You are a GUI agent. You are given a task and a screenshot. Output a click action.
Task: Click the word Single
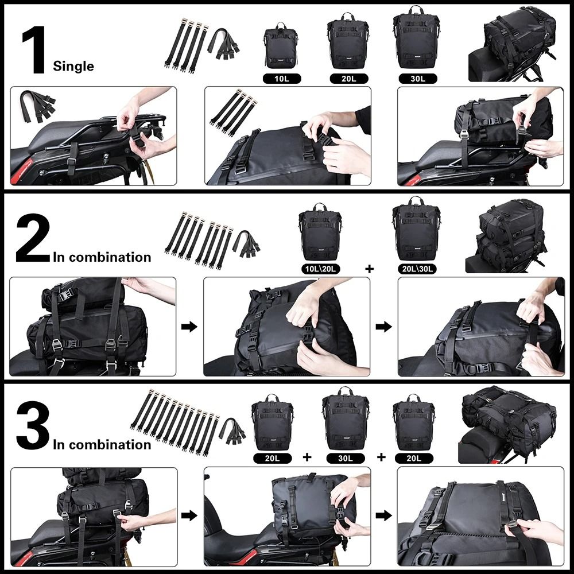pyautogui.click(x=73, y=66)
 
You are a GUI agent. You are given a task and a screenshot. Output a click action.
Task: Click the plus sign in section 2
pyautogui.click(x=369, y=268)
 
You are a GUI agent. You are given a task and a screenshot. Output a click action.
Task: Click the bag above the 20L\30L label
pyautogui.click(x=415, y=230)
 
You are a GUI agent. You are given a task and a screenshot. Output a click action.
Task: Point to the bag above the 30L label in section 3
pyautogui.click(x=346, y=420)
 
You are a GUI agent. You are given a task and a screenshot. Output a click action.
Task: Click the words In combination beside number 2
pyautogui.click(x=102, y=257)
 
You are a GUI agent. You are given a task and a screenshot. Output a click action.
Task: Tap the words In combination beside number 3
pyautogui.click(x=102, y=444)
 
